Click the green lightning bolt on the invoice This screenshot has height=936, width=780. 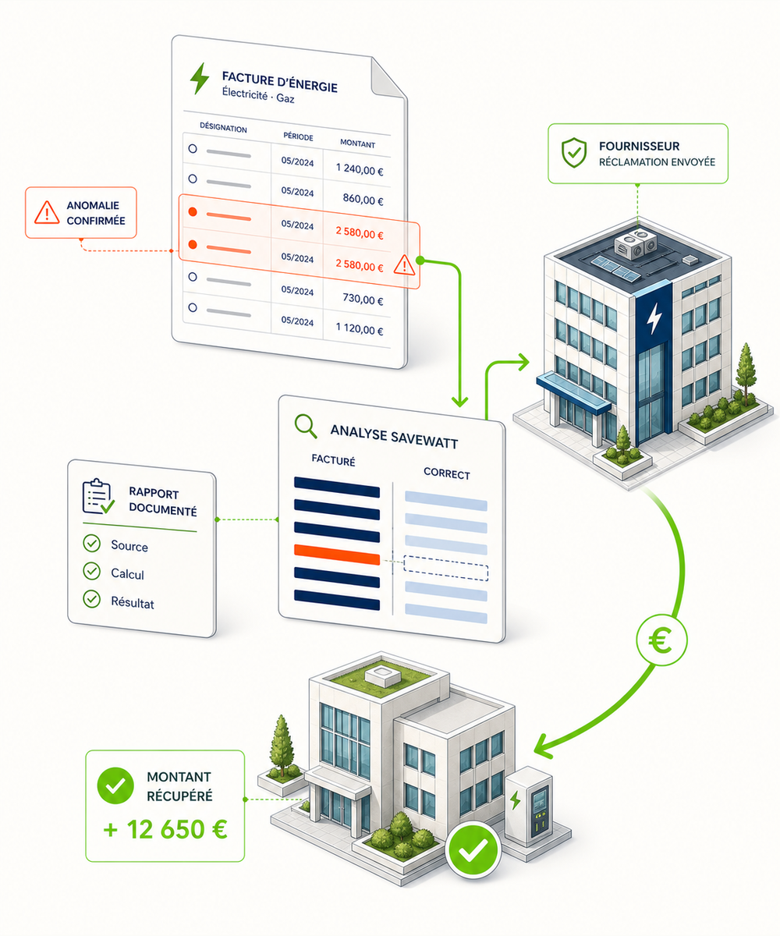(200, 79)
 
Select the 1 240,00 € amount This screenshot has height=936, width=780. (360, 169)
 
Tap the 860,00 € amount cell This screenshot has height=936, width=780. (363, 199)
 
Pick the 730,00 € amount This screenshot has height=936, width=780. (363, 299)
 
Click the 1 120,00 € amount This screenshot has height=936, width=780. (360, 328)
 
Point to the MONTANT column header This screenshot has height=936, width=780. (357, 144)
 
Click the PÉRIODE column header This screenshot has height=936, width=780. (298, 136)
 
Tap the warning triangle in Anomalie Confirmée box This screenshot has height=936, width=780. (47, 212)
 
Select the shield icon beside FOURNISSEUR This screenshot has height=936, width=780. (574, 152)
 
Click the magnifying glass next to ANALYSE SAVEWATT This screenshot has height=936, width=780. (306, 426)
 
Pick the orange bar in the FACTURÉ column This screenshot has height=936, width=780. (337, 554)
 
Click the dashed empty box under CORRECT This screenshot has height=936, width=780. (445, 568)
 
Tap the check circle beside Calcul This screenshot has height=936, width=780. (92, 571)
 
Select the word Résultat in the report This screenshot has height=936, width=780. (133, 602)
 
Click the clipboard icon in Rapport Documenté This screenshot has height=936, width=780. (98, 496)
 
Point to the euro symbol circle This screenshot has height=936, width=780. (661, 640)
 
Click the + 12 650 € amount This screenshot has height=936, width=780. (165, 829)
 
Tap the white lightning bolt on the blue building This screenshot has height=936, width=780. (654, 317)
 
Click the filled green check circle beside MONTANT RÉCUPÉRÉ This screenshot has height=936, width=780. (115, 785)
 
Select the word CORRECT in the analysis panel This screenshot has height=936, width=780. (446, 473)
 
